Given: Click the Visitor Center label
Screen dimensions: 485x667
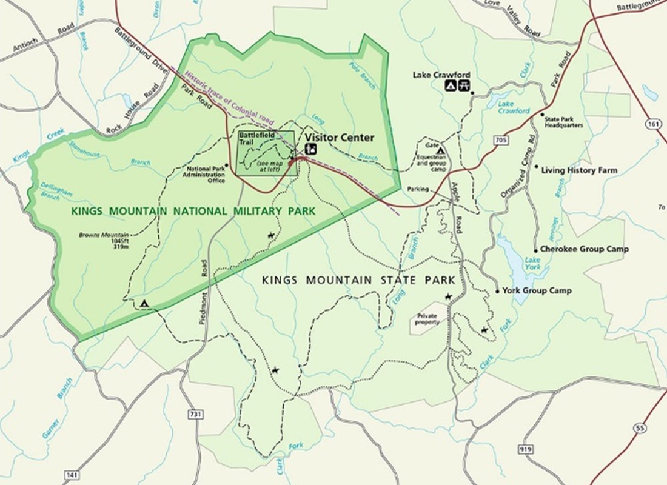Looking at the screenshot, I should (x=339, y=138).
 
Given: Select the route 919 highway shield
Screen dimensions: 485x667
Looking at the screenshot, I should (x=525, y=449).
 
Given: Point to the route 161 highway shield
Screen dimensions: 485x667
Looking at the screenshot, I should (x=652, y=124).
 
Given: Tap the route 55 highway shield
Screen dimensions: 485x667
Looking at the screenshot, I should (x=642, y=428).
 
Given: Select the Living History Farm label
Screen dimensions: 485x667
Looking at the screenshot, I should (x=579, y=170).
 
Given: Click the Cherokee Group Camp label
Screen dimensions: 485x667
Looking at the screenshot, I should (x=585, y=249).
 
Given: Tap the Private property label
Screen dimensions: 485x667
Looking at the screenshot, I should (x=427, y=319).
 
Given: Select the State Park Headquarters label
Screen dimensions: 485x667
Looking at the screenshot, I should (x=564, y=122).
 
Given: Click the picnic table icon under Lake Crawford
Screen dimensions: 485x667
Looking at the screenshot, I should (x=465, y=86).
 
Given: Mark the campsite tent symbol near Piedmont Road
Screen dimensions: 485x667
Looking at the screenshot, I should (x=144, y=303).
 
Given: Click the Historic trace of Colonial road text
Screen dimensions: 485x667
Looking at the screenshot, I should (x=230, y=96).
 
